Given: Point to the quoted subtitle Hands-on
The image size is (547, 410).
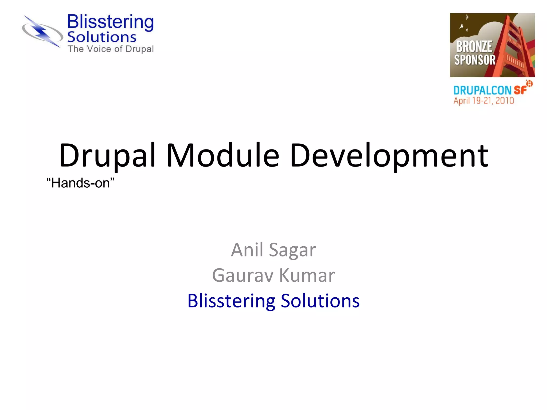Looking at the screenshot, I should point(80,183).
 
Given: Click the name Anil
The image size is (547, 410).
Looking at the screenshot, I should point(247,250).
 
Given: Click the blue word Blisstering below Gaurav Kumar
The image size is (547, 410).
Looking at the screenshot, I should point(231,301).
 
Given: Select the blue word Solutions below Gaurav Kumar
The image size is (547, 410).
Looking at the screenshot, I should point(320,301).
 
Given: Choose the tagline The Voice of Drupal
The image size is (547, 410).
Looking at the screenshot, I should point(111,49).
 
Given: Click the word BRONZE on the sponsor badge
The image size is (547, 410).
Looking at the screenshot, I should point(474,47).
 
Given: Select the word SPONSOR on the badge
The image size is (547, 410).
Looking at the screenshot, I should point(475,60).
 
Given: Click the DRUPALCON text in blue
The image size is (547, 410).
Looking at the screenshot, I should point(482,90).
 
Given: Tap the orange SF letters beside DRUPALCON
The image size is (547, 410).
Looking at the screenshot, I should point(520,90).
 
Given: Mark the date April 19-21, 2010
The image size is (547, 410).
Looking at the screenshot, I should point(483,101).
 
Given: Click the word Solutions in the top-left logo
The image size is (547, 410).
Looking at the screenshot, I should point(101,37).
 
